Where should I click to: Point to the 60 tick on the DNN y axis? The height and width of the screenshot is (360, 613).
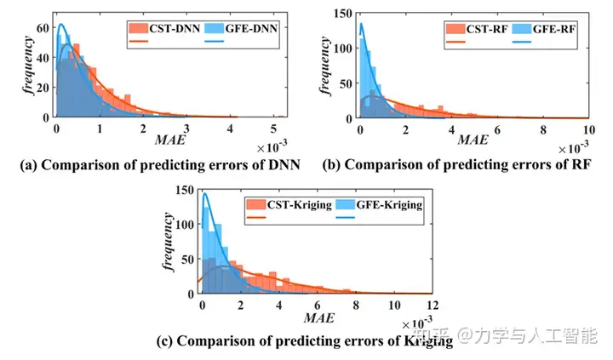(43, 29)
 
